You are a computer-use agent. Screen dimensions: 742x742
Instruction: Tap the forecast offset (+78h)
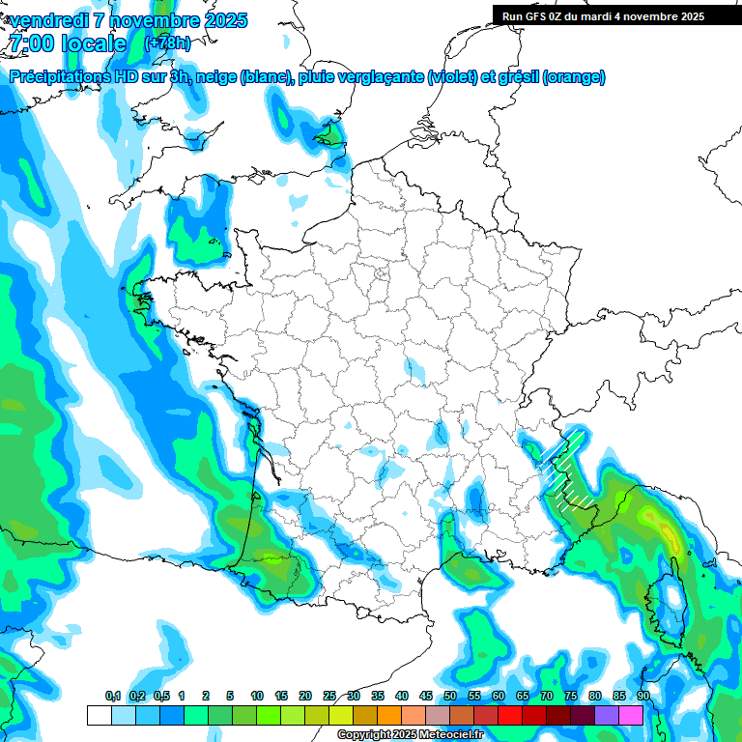167,43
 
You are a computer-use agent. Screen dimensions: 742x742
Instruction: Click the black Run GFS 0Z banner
603,15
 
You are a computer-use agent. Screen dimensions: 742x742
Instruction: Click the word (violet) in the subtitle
453,77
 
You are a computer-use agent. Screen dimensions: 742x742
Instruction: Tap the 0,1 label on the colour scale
112,696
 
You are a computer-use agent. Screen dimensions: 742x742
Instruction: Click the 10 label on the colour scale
257,696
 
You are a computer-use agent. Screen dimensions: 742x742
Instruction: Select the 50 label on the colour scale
450,696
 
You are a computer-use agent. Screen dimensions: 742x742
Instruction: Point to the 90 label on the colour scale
642,696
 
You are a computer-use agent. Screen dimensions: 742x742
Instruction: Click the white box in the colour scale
99,715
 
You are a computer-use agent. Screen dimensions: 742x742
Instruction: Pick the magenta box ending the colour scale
631,715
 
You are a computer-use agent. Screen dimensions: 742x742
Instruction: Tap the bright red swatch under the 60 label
509,715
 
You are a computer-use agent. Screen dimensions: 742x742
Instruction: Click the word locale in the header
93,43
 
